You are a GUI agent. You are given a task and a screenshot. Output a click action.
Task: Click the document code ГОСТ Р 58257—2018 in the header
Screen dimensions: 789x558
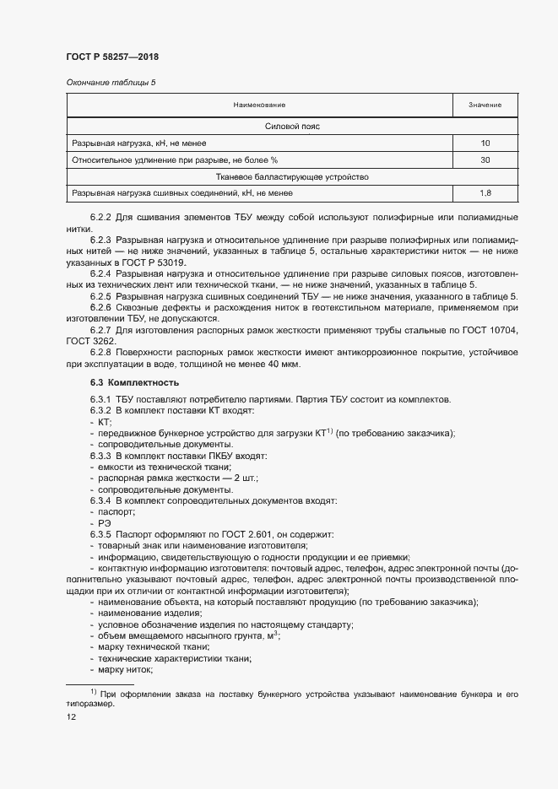point(112,57)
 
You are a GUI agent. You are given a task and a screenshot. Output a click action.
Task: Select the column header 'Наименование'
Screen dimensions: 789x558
point(260,105)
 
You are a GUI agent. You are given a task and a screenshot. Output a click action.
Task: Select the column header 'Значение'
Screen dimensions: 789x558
point(485,105)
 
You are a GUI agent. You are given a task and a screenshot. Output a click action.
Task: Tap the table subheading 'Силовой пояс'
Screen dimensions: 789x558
point(291,127)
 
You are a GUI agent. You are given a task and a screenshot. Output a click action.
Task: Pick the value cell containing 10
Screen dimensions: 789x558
point(485,143)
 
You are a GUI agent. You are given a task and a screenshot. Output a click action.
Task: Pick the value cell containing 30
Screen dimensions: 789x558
point(485,159)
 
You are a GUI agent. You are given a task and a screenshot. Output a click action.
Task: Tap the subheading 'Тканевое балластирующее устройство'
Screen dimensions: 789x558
point(291,177)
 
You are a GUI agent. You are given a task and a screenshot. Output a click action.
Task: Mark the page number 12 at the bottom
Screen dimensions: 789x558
point(70,716)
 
